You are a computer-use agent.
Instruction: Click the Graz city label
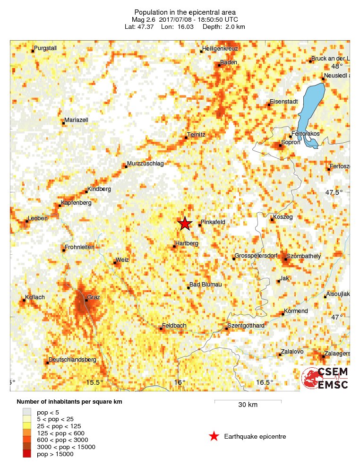coord(93,299)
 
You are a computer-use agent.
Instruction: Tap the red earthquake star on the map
coord(184,224)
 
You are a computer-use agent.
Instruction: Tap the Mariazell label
coord(76,120)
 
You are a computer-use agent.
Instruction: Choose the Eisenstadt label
coord(284,102)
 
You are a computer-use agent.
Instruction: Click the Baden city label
coord(229,62)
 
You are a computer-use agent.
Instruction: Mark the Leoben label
coord(38,218)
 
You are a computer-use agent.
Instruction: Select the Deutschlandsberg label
coord(73,360)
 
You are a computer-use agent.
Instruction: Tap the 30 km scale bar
coord(248,401)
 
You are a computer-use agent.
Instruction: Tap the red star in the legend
coord(214,436)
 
